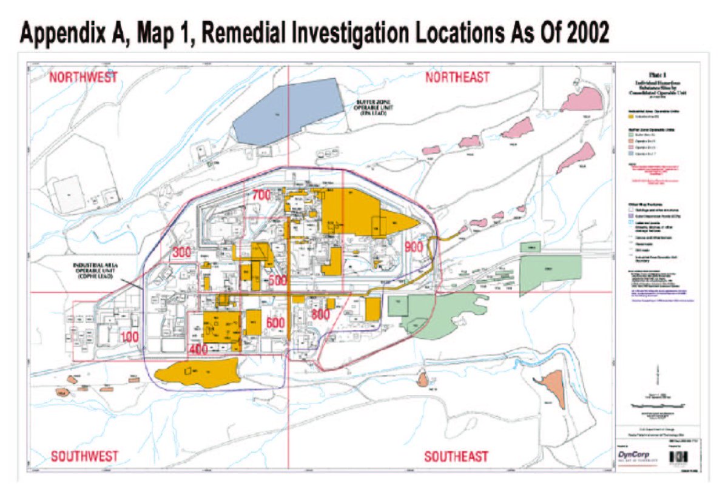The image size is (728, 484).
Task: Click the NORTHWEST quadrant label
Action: (83, 78)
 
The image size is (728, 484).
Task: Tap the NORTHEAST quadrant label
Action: (457, 78)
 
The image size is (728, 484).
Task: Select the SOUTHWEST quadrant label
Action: (84, 456)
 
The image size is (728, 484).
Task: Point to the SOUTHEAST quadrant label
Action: (456, 456)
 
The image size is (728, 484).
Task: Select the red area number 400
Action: (198, 351)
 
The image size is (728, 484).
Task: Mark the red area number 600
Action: (275, 322)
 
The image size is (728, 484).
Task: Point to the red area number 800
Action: (320, 314)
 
